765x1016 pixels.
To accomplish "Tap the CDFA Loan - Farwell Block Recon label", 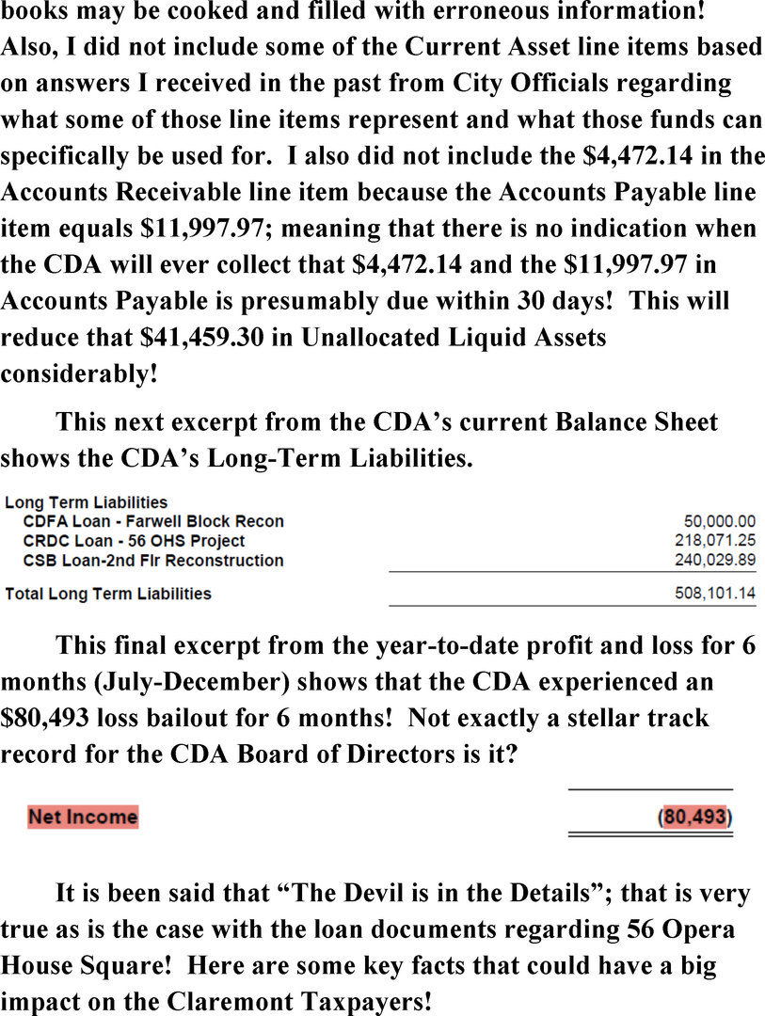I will (153, 521).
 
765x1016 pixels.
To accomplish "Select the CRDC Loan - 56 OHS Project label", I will (134, 541).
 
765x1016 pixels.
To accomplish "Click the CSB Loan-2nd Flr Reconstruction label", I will (153, 561).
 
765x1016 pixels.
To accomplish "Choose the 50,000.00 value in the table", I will (720, 521).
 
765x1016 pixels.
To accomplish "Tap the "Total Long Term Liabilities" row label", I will (108, 595).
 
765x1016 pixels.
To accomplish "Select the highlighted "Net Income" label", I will (83, 817).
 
